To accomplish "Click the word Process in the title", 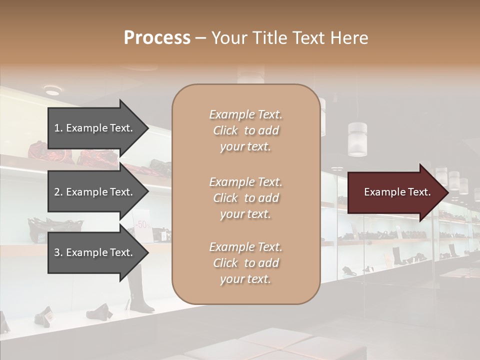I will click(x=157, y=38).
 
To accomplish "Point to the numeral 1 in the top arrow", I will click(x=56, y=128).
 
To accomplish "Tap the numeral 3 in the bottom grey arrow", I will click(x=56, y=252).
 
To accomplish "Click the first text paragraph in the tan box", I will click(x=245, y=130).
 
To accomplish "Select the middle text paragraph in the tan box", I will click(x=245, y=198).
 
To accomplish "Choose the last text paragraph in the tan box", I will click(x=245, y=263).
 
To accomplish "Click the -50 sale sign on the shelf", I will click(x=142, y=224).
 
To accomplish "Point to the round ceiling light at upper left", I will click(x=52, y=90).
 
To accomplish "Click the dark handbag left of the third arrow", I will click(x=37, y=229).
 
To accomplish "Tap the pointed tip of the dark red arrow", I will click(x=447, y=192).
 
